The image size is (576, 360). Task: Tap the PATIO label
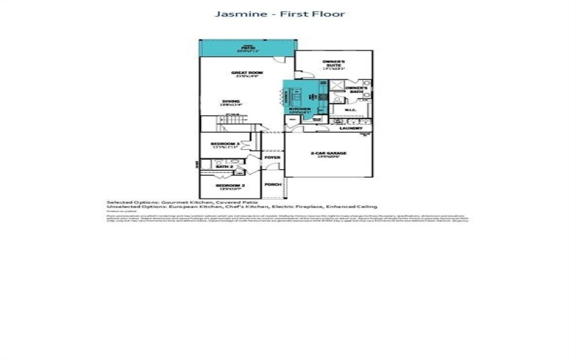point(248,48)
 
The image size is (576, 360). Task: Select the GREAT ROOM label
point(245,73)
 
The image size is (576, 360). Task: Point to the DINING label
point(231,102)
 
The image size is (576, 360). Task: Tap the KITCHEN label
point(299,110)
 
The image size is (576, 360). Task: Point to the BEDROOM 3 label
point(225,144)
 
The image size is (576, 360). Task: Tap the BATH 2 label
point(225,166)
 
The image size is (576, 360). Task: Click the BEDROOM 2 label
point(225,186)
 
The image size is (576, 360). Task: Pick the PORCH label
point(272,184)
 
